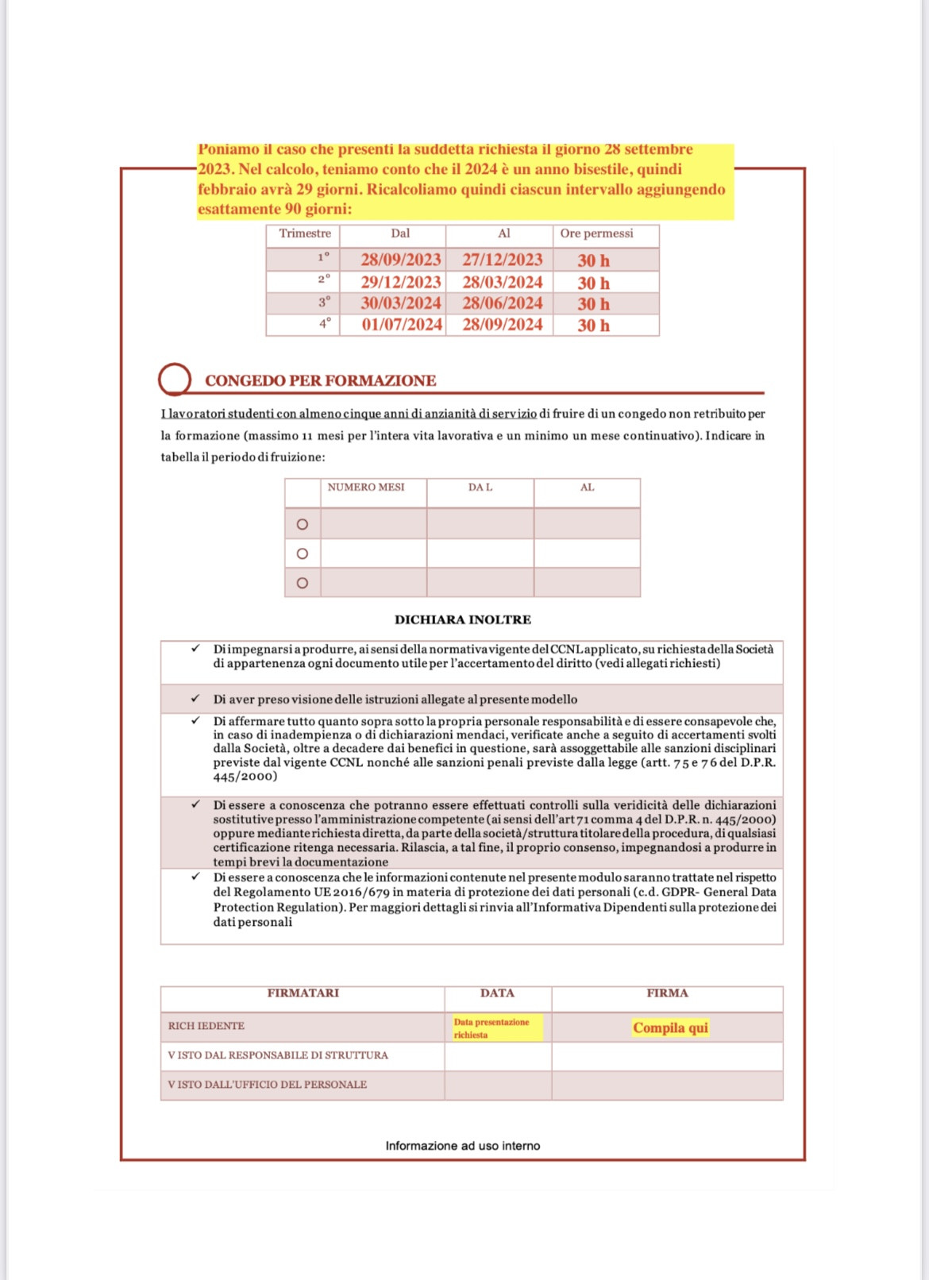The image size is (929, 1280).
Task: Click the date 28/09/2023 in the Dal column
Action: coord(400,260)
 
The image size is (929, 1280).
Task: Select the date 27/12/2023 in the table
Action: coord(503,260)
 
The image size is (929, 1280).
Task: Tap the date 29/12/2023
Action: coord(400,283)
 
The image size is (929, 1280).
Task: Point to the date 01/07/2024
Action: coord(402,325)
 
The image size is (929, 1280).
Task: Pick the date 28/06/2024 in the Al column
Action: coord(503,303)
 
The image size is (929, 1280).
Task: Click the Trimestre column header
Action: coord(305,233)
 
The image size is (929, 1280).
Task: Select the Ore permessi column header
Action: coord(596,233)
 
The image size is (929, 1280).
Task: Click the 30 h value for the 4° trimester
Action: coord(594,326)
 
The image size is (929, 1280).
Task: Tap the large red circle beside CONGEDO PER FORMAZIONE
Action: coord(175,380)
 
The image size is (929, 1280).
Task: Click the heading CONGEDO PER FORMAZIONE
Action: coord(321,381)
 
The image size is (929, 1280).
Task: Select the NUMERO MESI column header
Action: coord(366,488)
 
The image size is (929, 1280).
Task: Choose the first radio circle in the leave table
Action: coord(303,525)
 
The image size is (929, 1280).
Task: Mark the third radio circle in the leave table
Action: coord(303,584)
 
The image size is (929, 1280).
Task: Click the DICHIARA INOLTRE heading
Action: coord(463,620)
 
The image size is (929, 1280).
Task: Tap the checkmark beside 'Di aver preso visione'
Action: coord(195,699)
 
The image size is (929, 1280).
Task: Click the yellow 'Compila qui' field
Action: coord(670,1028)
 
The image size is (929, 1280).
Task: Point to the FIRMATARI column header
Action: coord(303,993)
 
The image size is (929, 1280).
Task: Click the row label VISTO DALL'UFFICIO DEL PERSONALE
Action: coord(268,1085)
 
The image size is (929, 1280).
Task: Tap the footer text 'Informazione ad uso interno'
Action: coord(463,1146)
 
